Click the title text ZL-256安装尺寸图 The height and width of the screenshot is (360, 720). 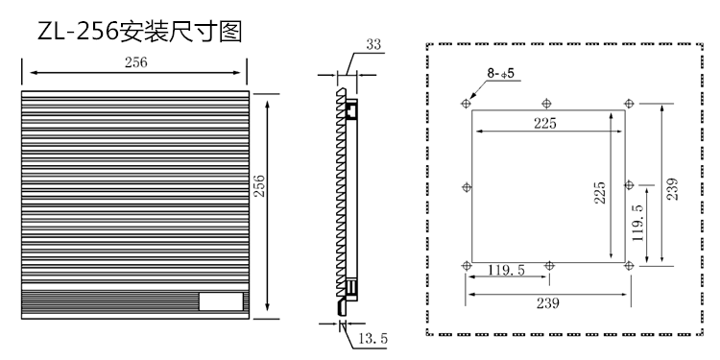pyautogui.click(x=139, y=32)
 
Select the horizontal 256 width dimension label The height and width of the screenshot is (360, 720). pyautogui.click(x=136, y=62)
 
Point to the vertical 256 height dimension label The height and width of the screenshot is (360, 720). pyautogui.click(x=260, y=185)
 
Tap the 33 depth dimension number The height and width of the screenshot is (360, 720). pyautogui.click(x=373, y=44)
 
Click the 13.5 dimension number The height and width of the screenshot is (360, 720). pyautogui.click(x=372, y=339)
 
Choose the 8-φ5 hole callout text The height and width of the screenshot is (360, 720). pyautogui.click(x=501, y=73)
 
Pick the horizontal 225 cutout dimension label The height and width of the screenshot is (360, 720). pyautogui.click(x=545, y=123)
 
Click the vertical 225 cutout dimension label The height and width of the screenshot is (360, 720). pyautogui.click(x=600, y=193)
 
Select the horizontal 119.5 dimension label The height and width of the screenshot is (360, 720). pyautogui.click(x=506, y=270)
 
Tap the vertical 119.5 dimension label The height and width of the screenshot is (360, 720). pyautogui.click(x=637, y=223)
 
